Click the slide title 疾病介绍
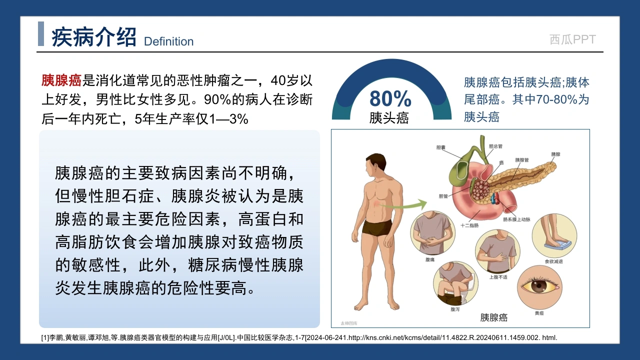(93, 37)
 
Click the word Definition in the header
(168, 41)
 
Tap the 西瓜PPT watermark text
(572, 39)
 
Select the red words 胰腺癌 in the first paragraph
(61, 80)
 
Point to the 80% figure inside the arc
(390, 98)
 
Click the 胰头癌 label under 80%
(389, 117)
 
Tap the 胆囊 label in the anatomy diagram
(441, 147)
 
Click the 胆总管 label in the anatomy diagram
(495, 146)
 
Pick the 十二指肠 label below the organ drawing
(469, 225)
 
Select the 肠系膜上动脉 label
(516, 219)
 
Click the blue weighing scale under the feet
(557, 245)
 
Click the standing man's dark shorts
(377, 227)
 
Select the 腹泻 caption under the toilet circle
(455, 309)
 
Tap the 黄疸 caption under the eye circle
(539, 313)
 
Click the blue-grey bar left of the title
(41, 33)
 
